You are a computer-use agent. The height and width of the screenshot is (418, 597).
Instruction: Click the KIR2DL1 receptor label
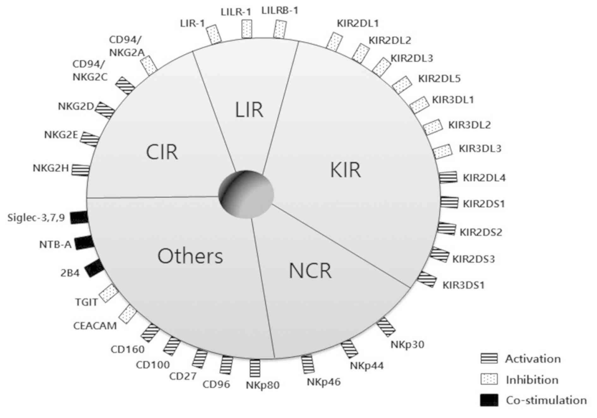358,23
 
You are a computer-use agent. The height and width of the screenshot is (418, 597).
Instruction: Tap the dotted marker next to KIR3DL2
432,127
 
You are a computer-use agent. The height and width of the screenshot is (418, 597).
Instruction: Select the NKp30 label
407,344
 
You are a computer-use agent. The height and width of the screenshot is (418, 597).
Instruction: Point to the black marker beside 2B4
94,268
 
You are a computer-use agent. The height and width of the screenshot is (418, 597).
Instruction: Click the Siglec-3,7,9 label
36,218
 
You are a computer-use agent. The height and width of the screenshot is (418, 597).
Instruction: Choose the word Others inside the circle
190,256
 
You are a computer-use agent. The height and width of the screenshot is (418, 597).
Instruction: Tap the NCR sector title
310,271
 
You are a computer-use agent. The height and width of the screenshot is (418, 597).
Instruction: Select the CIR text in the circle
162,152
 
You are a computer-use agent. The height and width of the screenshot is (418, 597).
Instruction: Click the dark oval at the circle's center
246,194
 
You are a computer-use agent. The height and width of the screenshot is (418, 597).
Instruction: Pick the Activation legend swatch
489,358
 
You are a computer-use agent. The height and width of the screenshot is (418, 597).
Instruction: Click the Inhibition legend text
532,379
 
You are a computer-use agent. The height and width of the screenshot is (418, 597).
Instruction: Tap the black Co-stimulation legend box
489,400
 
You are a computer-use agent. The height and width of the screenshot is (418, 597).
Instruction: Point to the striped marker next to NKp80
255,368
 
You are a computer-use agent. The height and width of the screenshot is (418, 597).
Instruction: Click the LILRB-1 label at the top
280,11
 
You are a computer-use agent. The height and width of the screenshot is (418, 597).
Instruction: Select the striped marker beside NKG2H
80,169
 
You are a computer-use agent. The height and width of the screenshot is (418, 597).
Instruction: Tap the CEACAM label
95,325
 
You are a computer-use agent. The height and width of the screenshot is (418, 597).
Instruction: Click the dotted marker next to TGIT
109,293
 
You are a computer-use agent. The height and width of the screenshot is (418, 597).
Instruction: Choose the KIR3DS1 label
463,285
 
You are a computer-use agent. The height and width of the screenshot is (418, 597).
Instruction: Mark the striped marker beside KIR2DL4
448,177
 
